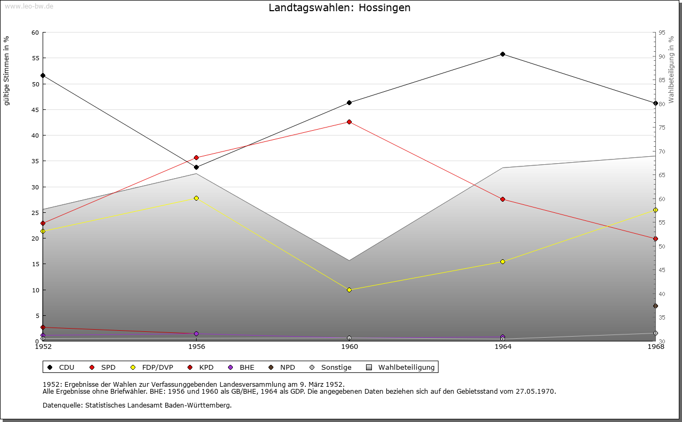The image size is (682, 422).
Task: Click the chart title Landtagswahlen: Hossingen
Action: pos(339,8)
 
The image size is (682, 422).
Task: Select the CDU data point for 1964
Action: pos(502,54)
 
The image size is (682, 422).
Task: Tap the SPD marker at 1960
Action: pos(349,122)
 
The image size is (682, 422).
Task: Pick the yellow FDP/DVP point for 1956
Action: pos(196,198)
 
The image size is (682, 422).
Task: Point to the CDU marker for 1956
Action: pos(196,167)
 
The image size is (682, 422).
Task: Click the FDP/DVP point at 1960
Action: pos(349,290)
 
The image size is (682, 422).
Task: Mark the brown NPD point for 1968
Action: pos(655,306)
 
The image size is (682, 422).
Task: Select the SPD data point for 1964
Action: pos(502,199)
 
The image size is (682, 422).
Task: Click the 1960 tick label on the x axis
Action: pos(350,347)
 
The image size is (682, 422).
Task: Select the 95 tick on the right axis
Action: pos(662,33)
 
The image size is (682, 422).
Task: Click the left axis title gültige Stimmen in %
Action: pos(7,70)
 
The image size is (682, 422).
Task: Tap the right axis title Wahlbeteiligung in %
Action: pos(671,69)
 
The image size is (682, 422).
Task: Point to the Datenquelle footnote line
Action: pos(137,405)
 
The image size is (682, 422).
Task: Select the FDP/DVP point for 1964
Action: pos(502,261)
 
